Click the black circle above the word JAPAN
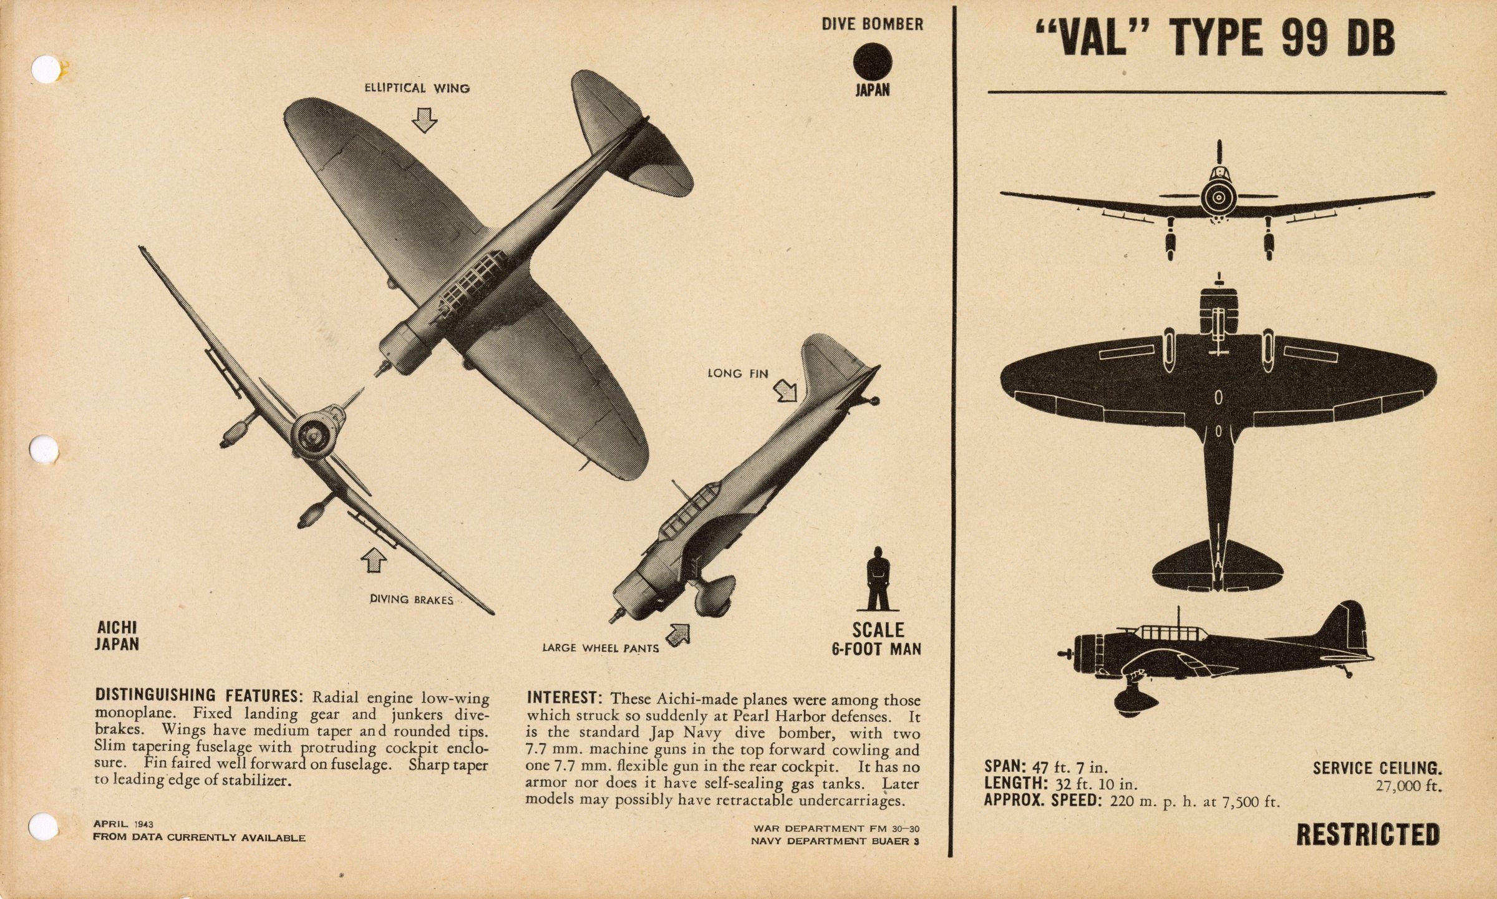[x=873, y=62]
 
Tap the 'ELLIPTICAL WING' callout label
[x=417, y=89]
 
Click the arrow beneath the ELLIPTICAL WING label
[x=425, y=120]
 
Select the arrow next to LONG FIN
[x=786, y=391]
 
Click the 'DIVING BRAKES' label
[x=412, y=599]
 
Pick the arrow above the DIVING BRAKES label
[x=373, y=560]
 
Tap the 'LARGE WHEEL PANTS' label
[x=601, y=648]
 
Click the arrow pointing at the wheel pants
[x=678, y=634]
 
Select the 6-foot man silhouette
[x=878, y=579]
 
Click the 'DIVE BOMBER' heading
[x=872, y=24]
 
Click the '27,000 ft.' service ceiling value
[x=1409, y=786]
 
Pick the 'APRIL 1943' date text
[x=124, y=824]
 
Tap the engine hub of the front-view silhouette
[x=1219, y=198]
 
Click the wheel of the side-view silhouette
[x=1132, y=701]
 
